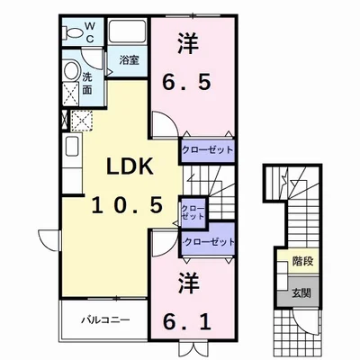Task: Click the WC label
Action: (90, 31)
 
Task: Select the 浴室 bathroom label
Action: (129, 60)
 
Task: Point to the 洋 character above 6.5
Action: (187, 42)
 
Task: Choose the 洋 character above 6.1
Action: (187, 280)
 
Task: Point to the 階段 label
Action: (302, 263)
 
